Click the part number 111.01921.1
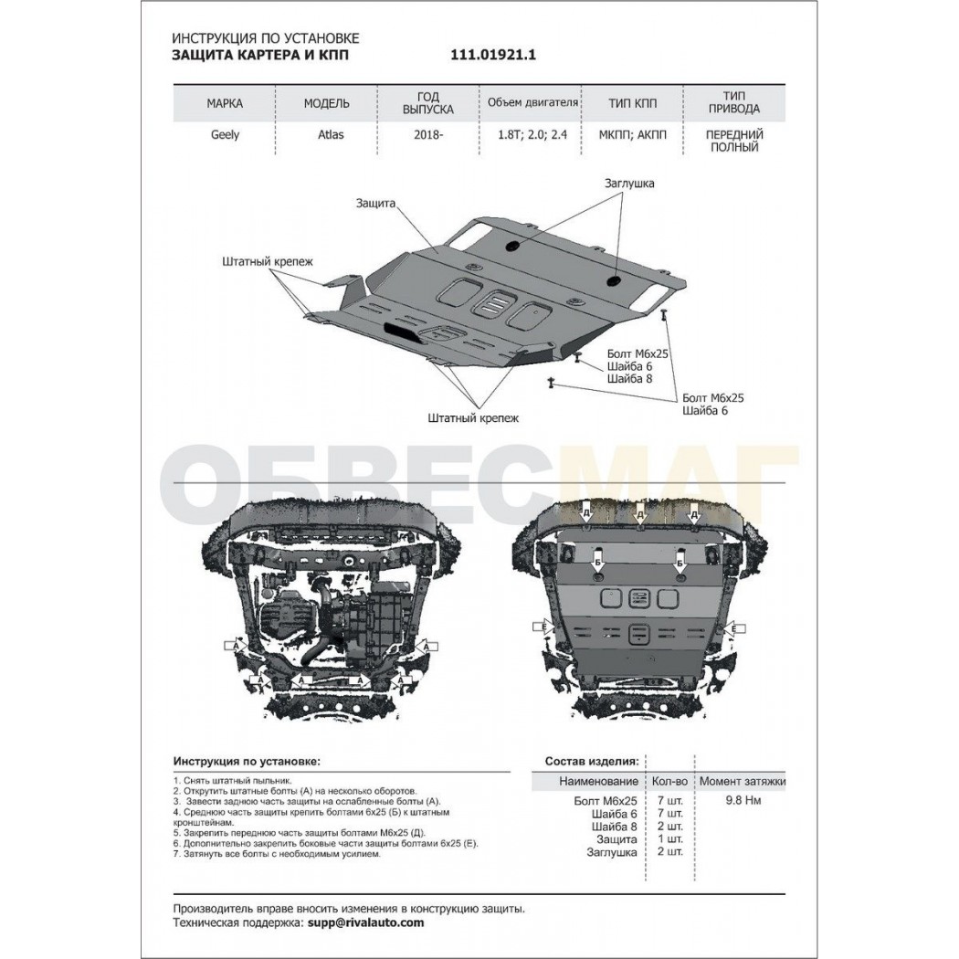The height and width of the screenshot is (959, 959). click(493, 55)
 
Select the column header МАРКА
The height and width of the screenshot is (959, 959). click(225, 103)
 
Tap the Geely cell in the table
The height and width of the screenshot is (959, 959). click(225, 134)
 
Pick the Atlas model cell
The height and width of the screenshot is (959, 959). click(331, 134)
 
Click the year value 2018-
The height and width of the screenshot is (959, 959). click(427, 134)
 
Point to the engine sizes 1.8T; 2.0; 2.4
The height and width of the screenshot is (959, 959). click(532, 134)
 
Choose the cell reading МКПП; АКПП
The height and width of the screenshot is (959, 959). click(632, 134)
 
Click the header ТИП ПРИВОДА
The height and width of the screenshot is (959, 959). click(734, 102)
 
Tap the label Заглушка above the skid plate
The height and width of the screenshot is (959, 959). click(628, 183)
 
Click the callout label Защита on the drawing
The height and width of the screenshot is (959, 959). click(375, 203)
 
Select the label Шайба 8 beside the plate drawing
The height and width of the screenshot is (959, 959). click(629, 379)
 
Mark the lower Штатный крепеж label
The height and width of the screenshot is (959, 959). click(473, 418)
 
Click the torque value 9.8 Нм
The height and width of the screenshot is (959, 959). click(743, 800)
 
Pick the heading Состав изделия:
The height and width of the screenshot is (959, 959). click(592, 762)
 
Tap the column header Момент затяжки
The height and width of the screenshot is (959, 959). click(743, 781)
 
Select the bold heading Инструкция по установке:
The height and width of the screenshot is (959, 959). click(247, 762)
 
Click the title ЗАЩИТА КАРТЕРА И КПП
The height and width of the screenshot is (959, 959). click(260, 55)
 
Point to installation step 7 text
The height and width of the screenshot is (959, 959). click(277, 854)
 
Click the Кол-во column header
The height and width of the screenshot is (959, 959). click(669, 781)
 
